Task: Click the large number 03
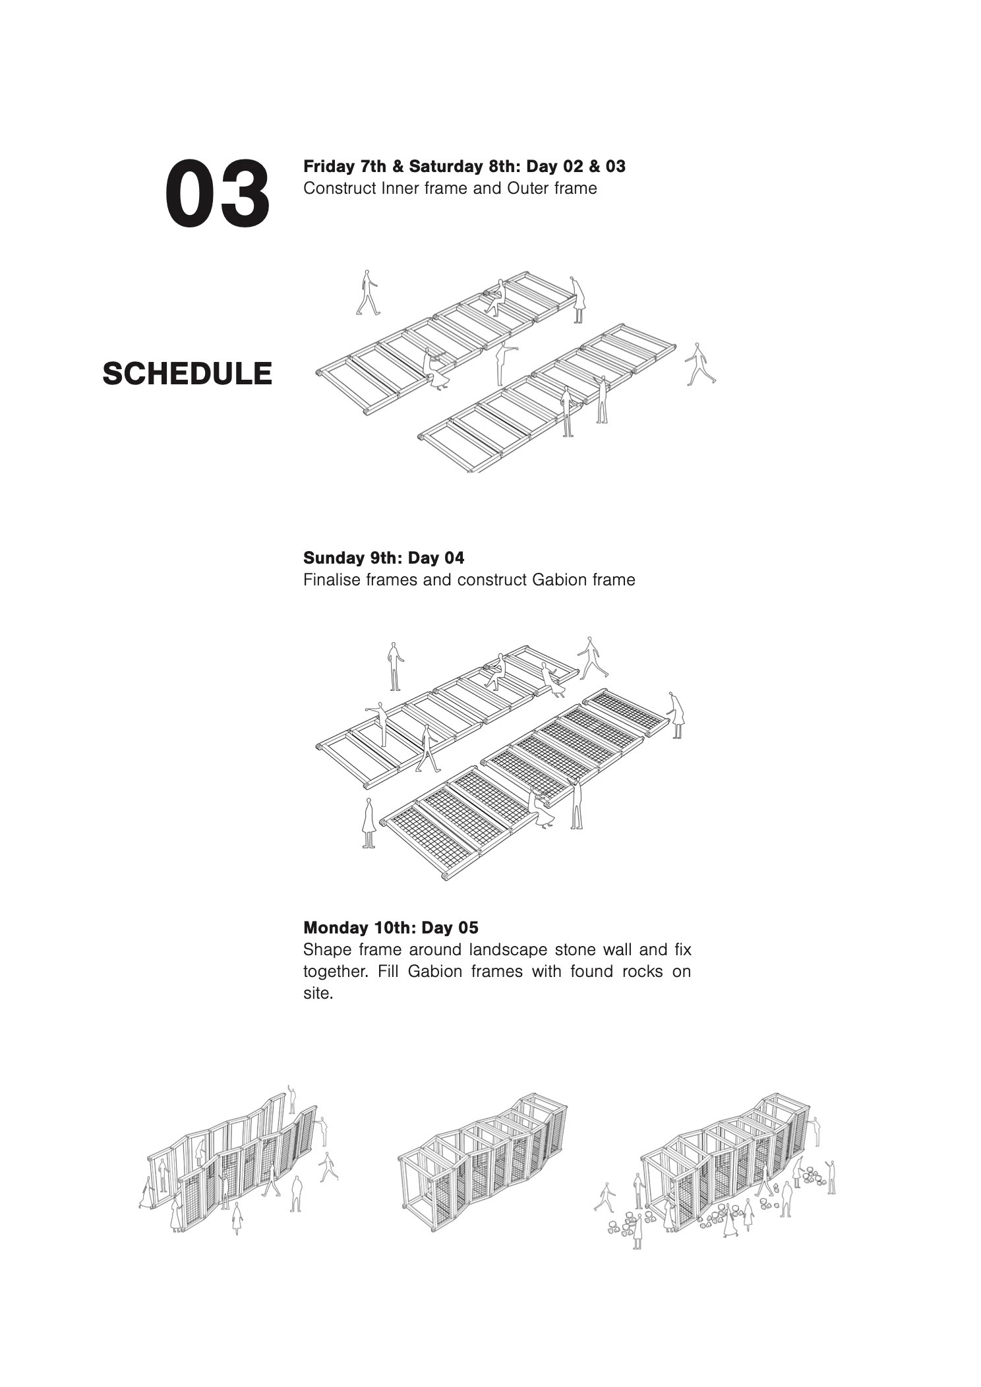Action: pyautogui.click(x=217, y=194)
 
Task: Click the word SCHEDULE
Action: pyautogui.click(x=187, y=374)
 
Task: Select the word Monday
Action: pyautogui.click(x=334, y=928)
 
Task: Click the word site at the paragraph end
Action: pyautogui.click(x=316, y=993)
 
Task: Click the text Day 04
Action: pyautogui.click(x=436, y=558)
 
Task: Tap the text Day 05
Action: pyautogui.click(x=450, y=928)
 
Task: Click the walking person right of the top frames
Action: pyautogui.click(x=699, y=365)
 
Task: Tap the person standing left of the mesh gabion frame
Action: pyautogui.click(x=369, y=823)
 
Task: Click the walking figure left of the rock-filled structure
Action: pyautogui.click(x=605, y=1197)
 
